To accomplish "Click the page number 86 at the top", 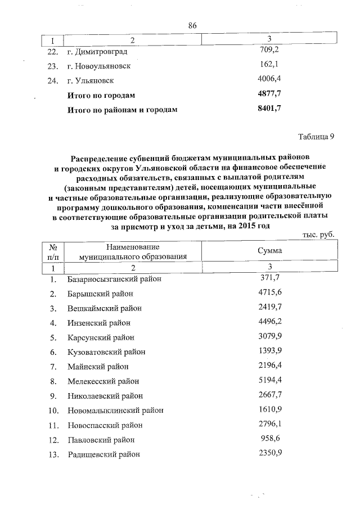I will coord(192,26).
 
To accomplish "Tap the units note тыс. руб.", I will coord(318,237).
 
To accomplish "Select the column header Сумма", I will coord(269,251).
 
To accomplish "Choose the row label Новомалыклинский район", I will coord(111,411).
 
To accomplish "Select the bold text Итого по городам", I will coord(101,95).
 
